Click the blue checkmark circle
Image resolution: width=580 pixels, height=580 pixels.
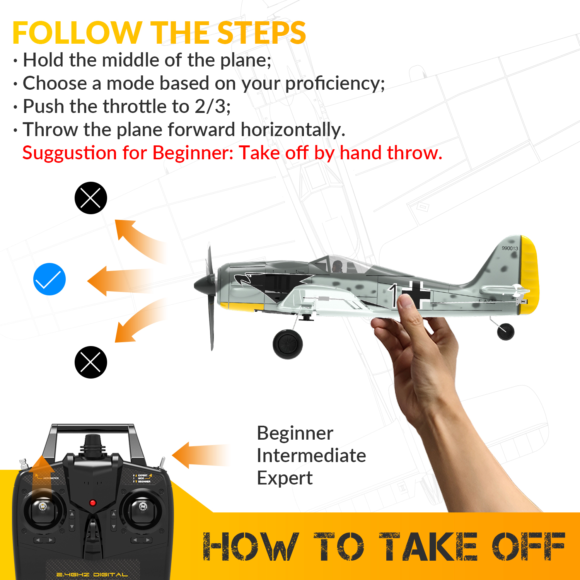[x=49, y=279]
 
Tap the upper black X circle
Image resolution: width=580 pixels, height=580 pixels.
[x=90, y=198]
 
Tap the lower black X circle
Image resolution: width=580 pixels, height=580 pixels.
[x=90, y=362]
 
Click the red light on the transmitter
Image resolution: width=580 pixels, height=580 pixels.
[x=93, y=503]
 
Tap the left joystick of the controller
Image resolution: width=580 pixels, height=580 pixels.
[x=43, y=507]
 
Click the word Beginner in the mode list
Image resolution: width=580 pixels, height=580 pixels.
[x=295, y=433]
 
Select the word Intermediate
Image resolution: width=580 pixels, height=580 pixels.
[x=311, y=456]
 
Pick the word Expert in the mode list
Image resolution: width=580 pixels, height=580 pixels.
[x=285, y=478]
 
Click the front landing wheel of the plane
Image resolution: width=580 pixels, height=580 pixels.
[x=288, y=344]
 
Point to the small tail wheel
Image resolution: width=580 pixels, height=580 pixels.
[x=505, y=331]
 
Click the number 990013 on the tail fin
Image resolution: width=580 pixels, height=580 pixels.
[x=510, y=248]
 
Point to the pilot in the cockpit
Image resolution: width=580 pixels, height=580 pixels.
[x=337, y=266]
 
